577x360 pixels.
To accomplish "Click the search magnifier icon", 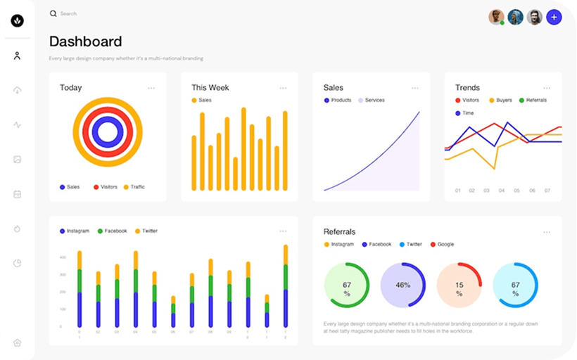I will tap(53, 13).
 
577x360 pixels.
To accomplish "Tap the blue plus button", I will tap(554, 17).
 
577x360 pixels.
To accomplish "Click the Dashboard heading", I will tap(85, 41).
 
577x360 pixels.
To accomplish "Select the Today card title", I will tap(70, 88).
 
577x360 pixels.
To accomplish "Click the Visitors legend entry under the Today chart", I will tap(105, 187).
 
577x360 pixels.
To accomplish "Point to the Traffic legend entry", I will tap(134, 187).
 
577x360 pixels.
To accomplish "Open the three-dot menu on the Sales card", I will tap(415, 88).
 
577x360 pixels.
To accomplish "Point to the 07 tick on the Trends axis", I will tap(547, 191).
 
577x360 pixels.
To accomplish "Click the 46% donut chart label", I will tap(403, 285).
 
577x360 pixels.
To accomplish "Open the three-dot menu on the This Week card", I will tap(283, 88).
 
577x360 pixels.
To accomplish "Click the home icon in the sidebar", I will tap(17, 342).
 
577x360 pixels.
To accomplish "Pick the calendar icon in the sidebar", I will tap(17, 194).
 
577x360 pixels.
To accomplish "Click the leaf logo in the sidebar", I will tap(18, 21).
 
